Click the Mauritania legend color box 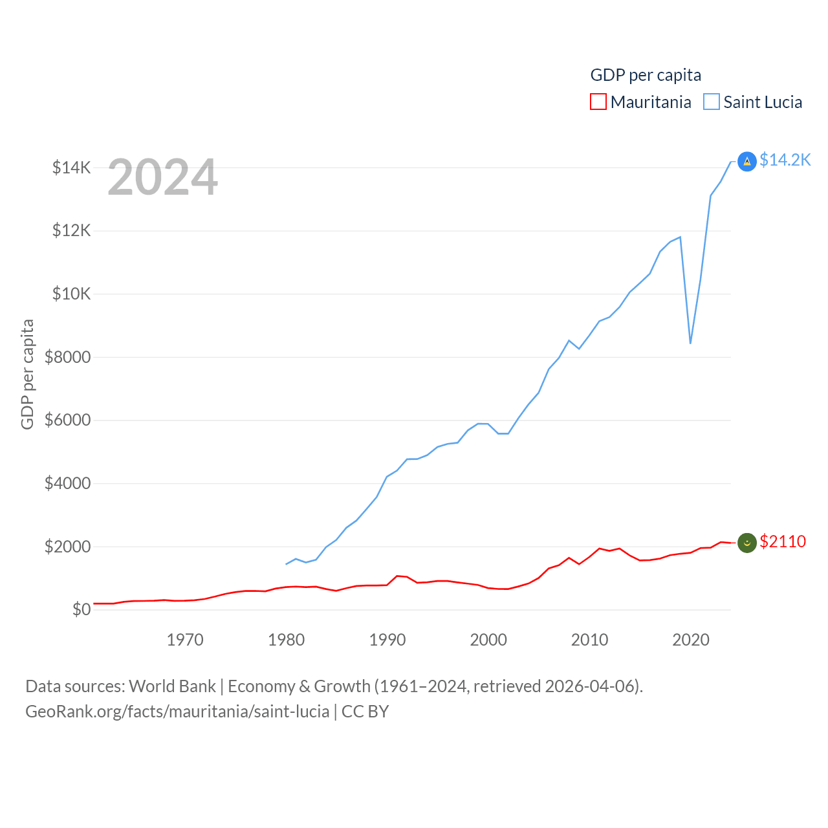click(598, 102)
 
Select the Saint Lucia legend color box click(712, 102)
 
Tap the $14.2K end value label click(785, 160)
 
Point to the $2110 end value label click(783, 541)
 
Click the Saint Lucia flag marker click(747, 161)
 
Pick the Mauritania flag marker click(747, 543)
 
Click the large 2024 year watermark click(162, 177)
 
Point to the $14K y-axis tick click(72, 168)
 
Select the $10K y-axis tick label click(72, 294)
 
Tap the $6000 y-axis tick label click(67, 420)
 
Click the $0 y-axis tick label click(82, 609)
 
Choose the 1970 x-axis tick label click(185, 640)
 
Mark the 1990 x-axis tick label click(387, 640)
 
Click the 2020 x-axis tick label click(691, 640)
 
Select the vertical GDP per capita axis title click(27, 374)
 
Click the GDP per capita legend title click(646, 75)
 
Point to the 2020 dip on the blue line click(691, 343)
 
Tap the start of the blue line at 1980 click(286, 564)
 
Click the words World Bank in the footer click(172, 686)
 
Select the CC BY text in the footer click(365, 712)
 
